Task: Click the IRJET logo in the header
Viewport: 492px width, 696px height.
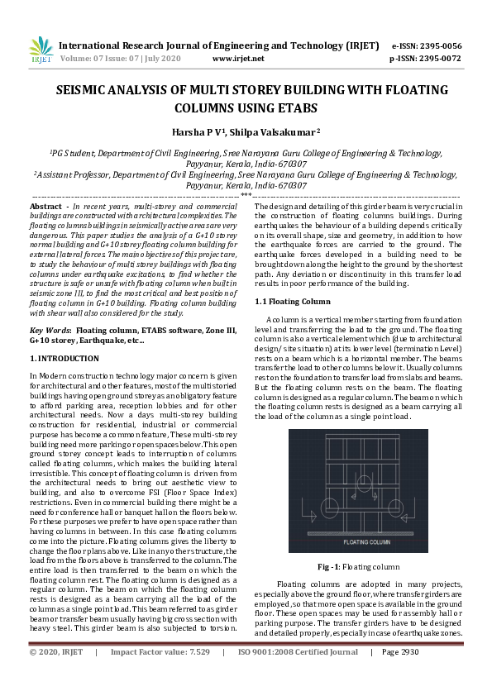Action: click(x=41, y=50)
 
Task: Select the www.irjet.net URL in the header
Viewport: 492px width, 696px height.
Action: click(x=238, y=59)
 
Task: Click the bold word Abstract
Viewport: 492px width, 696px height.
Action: click(x=45, y=205)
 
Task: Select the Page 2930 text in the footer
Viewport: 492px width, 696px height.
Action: click(x=400, y=675)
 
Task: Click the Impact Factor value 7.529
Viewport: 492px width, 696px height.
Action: click(x=196, y=675)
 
